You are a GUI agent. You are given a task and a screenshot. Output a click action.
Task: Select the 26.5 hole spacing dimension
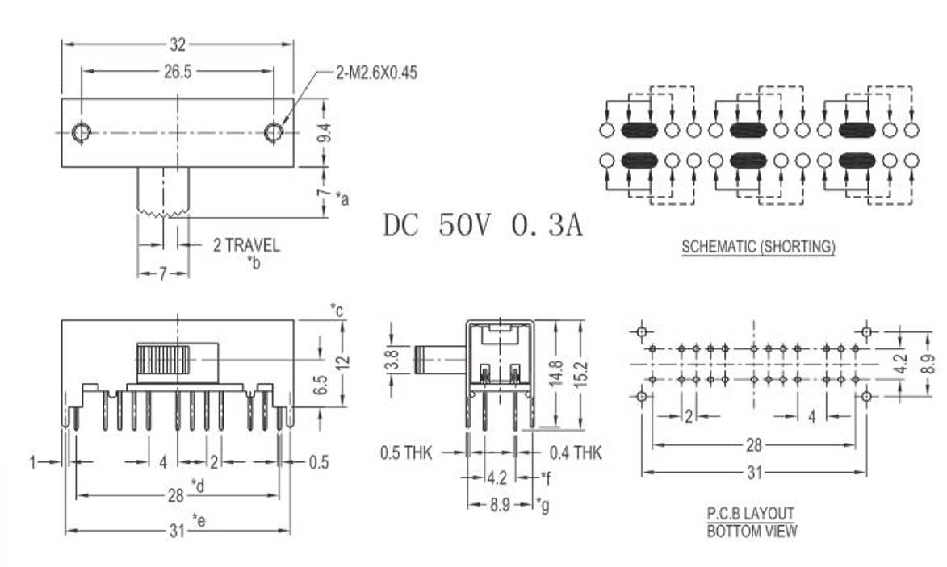click(x=178, y=72)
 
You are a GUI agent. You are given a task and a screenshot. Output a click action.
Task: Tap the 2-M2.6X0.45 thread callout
click(x=376, y=73)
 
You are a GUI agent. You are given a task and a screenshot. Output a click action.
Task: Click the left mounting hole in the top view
click(x=81, y=132)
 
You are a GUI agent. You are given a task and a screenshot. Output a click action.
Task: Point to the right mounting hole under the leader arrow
click(x=274, y=131)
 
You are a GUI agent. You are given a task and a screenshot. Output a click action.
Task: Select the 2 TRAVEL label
click(x=246, y=245)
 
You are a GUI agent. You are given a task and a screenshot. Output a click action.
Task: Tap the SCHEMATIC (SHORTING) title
click(x=758, y=247)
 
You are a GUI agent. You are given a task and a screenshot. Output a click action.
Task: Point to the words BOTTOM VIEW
click(x=752, y=531)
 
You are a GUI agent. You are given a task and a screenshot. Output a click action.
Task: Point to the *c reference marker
click(x=337, y=309)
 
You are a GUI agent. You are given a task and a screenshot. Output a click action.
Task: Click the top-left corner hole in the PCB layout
click(x=642, y=331)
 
